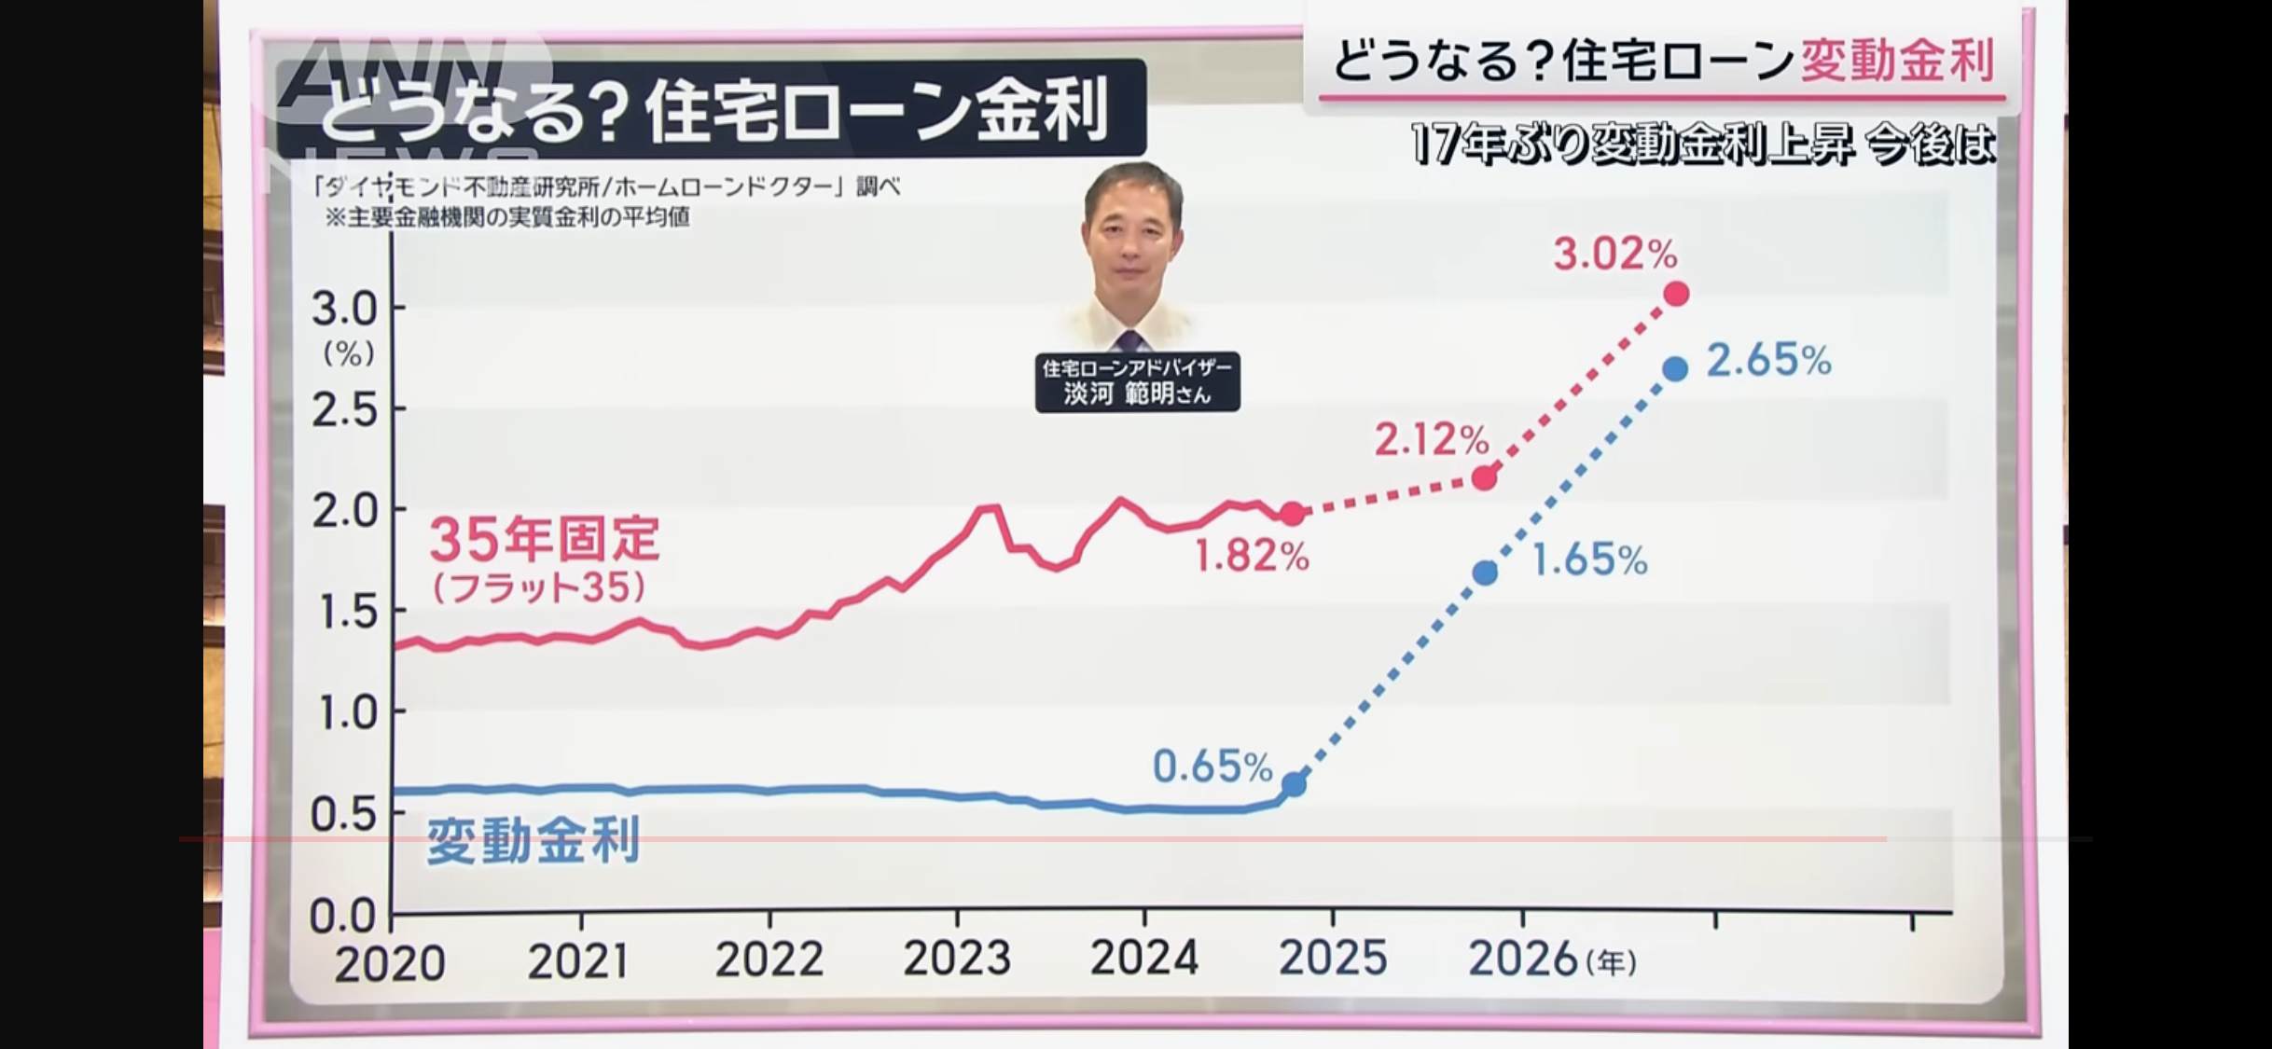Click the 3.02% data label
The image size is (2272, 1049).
[1614, 254]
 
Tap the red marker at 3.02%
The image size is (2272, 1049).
[1675, 295]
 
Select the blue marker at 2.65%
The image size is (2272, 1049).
[1675, 369]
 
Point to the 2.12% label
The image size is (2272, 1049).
[1431, 439]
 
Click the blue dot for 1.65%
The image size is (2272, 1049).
[1485, 573]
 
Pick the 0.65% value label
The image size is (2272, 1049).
[1212, 766]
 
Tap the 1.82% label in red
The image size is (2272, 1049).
[1252, 557]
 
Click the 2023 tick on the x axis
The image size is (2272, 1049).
[957, 958]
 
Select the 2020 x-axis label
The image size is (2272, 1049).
[389, 963]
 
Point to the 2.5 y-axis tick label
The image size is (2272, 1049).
[344, 409]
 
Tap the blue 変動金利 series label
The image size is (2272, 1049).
[533, 840]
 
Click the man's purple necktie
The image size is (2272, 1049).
[1130, 339]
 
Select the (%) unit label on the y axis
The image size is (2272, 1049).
[349, 353]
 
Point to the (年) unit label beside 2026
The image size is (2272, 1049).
[1611, 962]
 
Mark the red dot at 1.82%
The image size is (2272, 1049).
[1292, 513]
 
